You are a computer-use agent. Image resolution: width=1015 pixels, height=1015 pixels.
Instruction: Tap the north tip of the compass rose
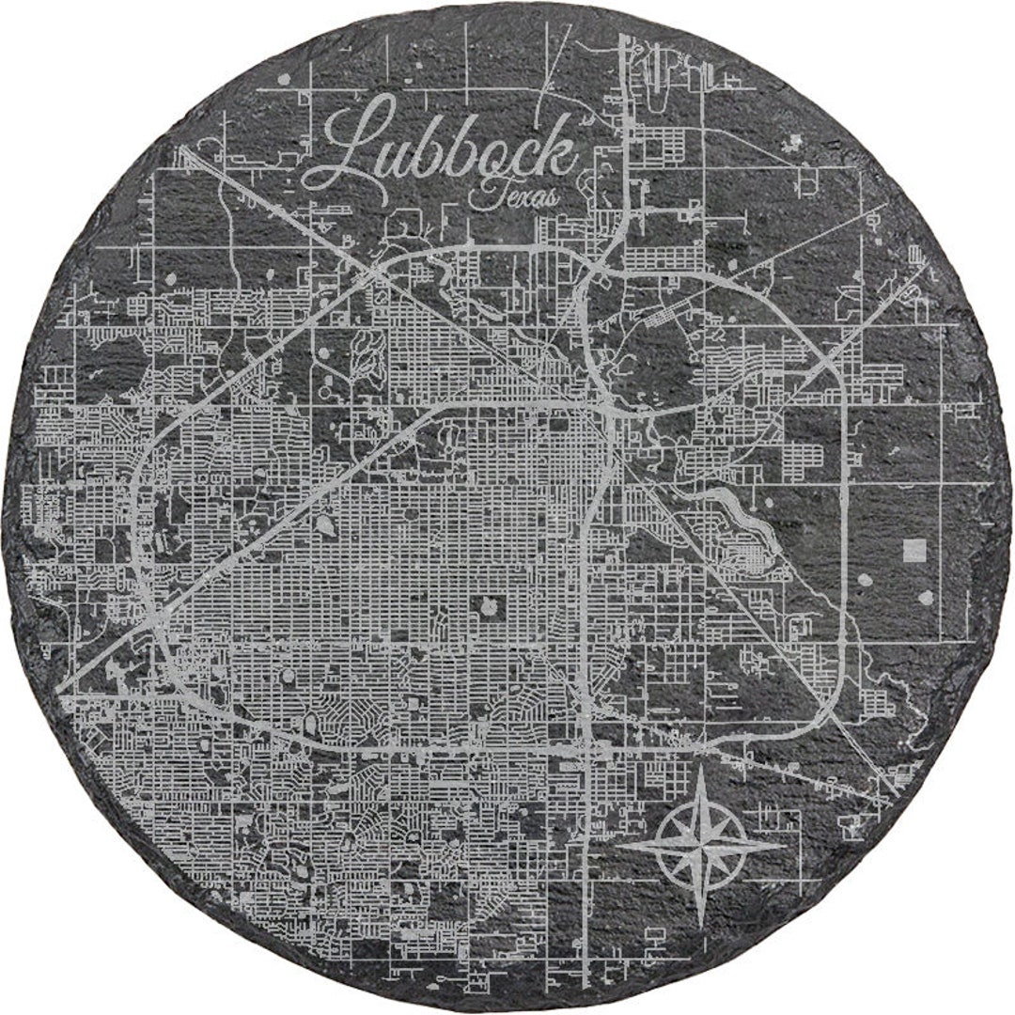point(705,769)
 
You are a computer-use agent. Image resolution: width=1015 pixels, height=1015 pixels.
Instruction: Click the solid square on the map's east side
point(913,550)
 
